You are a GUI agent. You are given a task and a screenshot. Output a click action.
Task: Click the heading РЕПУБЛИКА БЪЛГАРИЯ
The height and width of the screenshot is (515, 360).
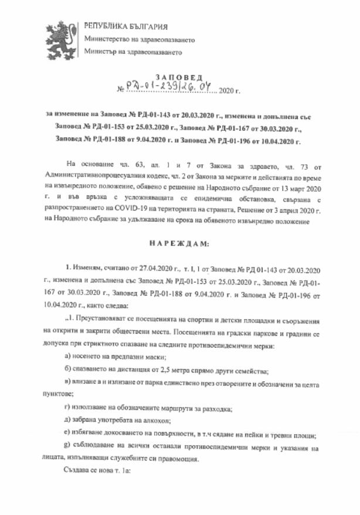point(126,26)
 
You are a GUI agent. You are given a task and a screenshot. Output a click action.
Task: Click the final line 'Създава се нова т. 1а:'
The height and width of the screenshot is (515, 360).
point(99,471)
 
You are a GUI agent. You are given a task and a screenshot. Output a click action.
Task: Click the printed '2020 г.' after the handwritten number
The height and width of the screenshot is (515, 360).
point(229,92)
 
